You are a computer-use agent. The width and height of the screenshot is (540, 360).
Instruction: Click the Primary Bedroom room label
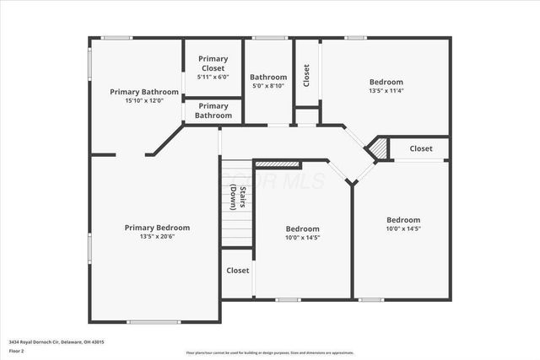click(x=157, y=228)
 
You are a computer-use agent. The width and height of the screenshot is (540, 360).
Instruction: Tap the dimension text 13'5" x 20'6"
click(x=157, y=237)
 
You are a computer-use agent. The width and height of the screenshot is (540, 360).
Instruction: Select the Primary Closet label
click(x=213, y=63)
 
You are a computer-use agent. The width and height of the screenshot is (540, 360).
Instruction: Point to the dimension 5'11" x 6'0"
click(x=213, y=77)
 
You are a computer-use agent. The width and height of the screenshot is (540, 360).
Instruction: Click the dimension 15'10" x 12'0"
click(x=144, y=100)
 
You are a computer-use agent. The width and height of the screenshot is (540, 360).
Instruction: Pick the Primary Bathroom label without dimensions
click(x=213, y=110)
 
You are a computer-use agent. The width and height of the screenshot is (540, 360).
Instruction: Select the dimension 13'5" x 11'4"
click(x=386, y=91)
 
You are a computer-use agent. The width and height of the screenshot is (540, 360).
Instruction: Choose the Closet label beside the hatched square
click(x=420, y=148)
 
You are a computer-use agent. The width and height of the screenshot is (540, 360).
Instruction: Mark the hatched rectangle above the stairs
click(x=277, y=164)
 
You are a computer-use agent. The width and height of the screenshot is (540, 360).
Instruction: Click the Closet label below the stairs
click(x=237, y=271)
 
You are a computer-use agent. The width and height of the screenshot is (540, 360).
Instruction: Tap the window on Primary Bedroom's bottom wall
click(x=154, y=321)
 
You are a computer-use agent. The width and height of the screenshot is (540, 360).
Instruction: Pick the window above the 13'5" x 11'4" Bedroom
click(x=356, y=38)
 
